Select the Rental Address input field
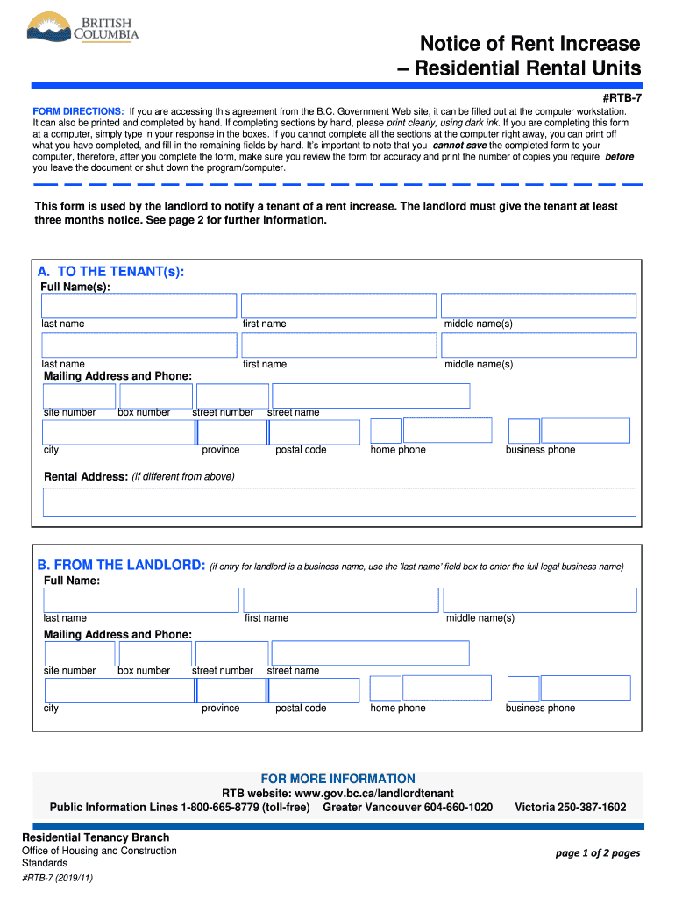(339, 502)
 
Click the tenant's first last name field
(139, 306)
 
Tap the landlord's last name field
(141, 600)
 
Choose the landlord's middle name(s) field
(540, 600)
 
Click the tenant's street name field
(371, 396)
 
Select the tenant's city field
(118, 432)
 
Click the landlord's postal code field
(314, 690)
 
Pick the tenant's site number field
(79, 396)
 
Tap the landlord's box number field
(154, 653)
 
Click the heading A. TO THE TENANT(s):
(110, 273)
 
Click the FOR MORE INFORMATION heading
(338, 779)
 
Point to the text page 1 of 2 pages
(598, 853)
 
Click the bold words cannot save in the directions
(459, 146)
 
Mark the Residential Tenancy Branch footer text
(96, 837)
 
